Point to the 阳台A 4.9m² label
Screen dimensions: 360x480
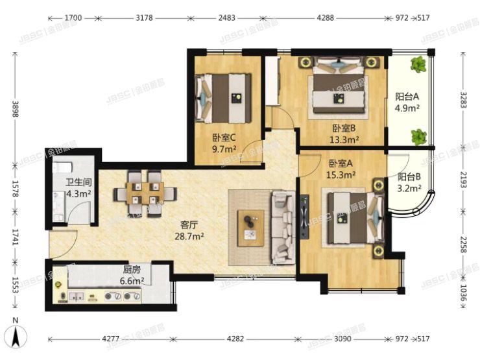click(408, 102)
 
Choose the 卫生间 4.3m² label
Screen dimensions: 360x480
click(77, 187)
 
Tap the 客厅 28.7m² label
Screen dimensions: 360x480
click(191, 231)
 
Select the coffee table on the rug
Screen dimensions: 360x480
click(250, 227)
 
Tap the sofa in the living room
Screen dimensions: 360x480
click(283, 226)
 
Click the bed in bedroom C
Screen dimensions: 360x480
click(224, 97)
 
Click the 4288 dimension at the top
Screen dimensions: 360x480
click(325, 18)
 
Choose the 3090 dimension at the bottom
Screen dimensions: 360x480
click(344, 338)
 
